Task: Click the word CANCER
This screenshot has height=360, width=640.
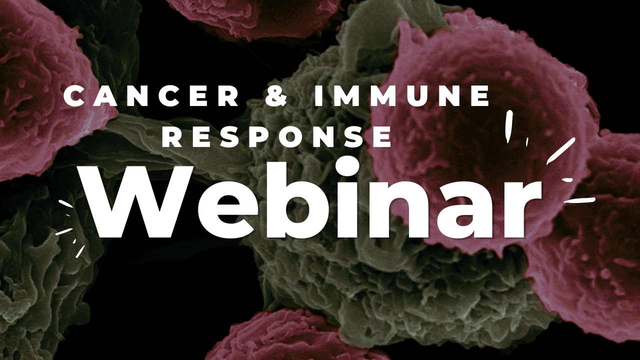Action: [151, 96]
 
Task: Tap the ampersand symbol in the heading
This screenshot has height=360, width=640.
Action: [276, 96]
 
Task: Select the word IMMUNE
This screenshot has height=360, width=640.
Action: [401, 96]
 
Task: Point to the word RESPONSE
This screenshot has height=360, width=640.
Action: [277, 137]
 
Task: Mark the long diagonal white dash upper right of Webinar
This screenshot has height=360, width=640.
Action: [561, 151]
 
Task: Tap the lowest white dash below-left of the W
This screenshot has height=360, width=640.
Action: [81, 250]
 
